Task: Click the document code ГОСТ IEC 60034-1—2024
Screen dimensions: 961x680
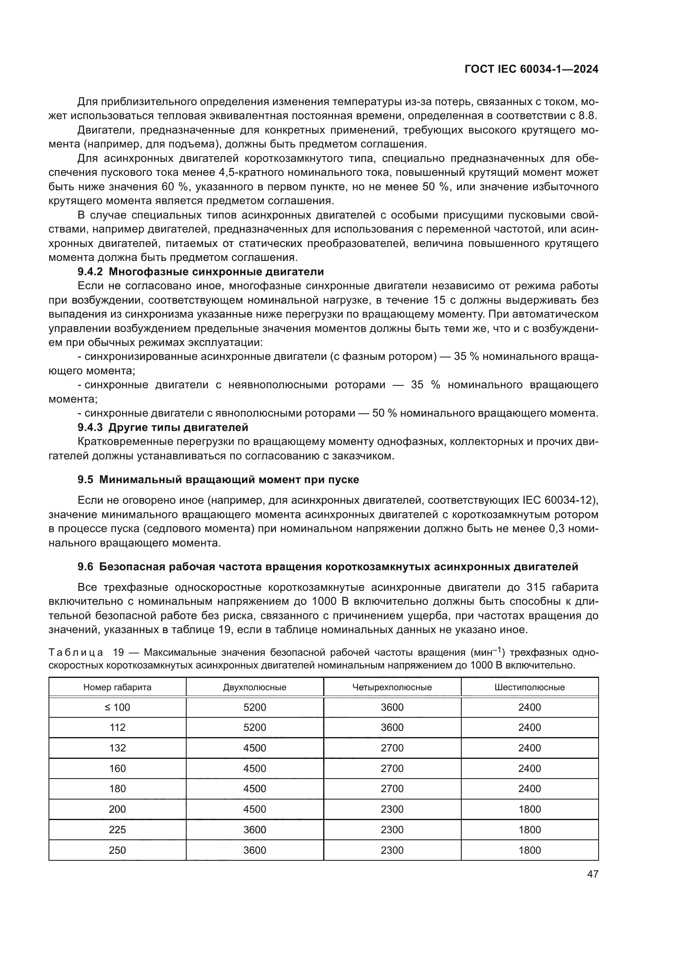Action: coord(531,69)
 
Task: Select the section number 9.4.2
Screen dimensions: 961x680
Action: coord(90,272)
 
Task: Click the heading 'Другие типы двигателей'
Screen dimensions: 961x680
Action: coord(178,427)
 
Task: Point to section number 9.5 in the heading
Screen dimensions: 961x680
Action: coord(86,479)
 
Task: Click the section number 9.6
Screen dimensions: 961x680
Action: coord(86,567)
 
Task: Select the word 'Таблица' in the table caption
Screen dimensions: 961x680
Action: coord(76,652)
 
